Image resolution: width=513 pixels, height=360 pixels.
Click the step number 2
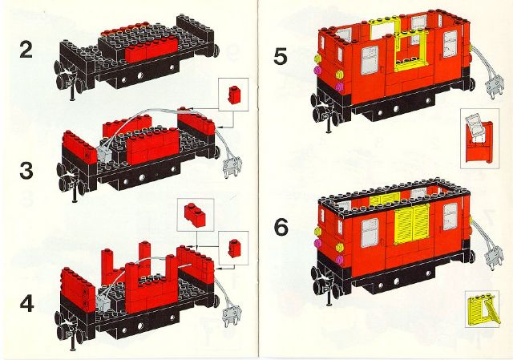pos(26,51)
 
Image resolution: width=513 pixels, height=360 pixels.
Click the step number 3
pos(26,171)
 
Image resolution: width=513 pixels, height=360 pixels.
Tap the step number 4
pos(26,304)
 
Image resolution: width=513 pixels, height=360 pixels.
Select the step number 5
pos(281,56)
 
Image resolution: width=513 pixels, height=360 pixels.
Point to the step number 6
pos(281,228)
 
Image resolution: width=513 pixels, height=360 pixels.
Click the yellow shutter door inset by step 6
pos(483,309)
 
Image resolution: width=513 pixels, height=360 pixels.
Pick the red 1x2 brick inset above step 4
pos(195,214)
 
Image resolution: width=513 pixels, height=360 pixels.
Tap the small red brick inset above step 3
pos(233,95)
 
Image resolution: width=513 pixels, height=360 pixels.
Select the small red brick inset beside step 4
pos(233,248)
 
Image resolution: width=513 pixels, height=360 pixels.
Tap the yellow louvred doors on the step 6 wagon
pos(412,224)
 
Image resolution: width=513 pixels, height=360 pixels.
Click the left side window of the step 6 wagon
pos(369,233)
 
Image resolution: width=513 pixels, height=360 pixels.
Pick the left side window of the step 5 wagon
pos(370,60)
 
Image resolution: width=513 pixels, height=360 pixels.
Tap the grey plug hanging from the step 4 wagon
pos(232,316)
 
